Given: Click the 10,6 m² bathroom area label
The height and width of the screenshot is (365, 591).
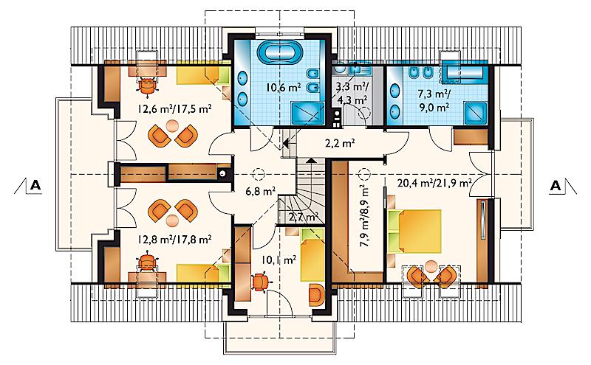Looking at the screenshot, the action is coord(284,88).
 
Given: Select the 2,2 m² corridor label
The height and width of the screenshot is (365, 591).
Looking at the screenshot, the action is coord(340,143).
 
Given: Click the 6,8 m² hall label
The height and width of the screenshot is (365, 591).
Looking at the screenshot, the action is coord(261,192).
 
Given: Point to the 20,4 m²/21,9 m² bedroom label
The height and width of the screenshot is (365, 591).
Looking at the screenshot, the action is coord(434,184).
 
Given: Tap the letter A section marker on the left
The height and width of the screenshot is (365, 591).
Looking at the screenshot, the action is coord(35,186).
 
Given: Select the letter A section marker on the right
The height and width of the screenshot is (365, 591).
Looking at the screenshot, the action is coord(556,186).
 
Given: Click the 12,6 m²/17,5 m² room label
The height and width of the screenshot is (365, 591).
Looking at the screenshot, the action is coord(174,109).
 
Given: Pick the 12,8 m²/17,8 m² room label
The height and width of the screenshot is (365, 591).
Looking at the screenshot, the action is coord(174,239).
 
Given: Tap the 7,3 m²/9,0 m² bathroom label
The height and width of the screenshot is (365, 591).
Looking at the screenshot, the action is coord(434,100).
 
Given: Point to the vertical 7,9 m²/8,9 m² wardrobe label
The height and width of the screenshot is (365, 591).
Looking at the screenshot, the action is coord(364,215).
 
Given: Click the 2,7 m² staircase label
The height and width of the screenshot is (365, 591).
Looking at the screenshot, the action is coord(304,217).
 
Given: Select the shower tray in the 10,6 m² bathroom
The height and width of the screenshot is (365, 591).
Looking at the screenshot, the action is coord(307,113).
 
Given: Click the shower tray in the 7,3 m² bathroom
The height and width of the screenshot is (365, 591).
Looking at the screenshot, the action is coord(475,113).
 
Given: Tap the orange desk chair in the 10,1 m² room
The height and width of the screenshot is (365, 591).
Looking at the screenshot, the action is coord(260,282).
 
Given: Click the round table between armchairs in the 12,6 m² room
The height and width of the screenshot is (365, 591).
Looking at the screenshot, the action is coord(172,125).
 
